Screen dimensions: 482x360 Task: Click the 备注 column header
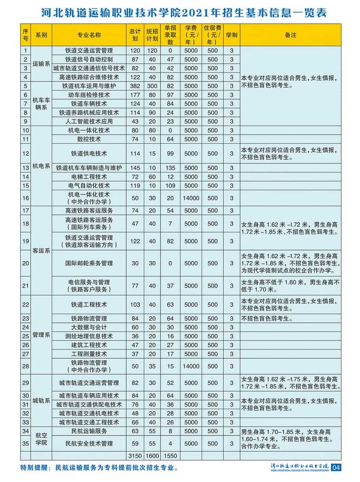290,35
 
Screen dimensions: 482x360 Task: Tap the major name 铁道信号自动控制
89,59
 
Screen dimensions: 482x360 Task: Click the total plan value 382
135,86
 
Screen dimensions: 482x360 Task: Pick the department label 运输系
41,64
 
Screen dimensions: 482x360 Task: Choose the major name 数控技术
89,139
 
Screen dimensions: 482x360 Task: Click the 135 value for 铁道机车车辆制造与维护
170,168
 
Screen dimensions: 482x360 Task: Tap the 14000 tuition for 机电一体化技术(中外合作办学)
191,198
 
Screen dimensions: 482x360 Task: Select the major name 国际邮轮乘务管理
89,263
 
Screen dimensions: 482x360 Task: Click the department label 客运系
41,251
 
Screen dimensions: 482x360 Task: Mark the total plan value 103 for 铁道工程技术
135,304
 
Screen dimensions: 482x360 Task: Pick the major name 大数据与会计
89,327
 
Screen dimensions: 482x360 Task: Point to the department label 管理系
41,335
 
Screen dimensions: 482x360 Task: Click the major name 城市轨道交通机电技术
89,413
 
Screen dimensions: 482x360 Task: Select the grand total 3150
135,456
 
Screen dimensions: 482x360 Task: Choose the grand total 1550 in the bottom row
170,456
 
